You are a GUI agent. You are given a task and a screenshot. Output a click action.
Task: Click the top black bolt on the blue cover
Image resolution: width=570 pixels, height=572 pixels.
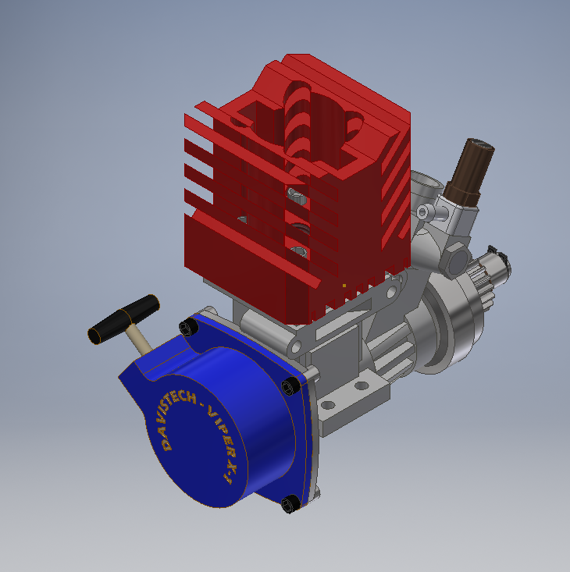[186, 329]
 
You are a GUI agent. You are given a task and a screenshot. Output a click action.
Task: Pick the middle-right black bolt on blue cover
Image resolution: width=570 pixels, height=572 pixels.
[290, 387]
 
